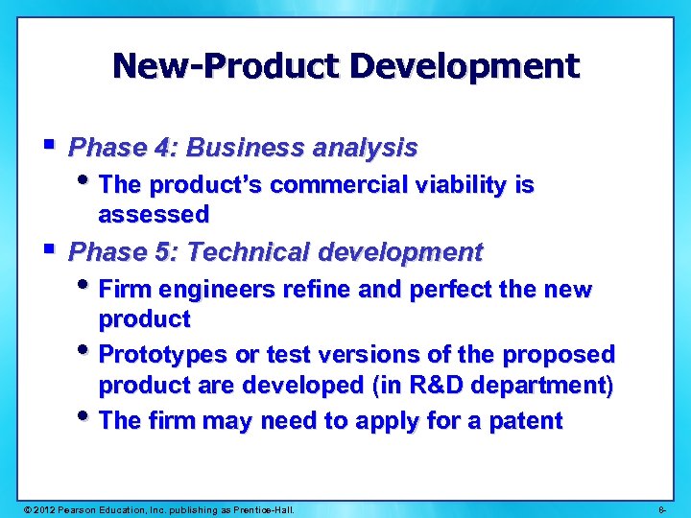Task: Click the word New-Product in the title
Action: click(x=226, y=66)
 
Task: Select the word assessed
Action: click(x=154, y=213)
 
